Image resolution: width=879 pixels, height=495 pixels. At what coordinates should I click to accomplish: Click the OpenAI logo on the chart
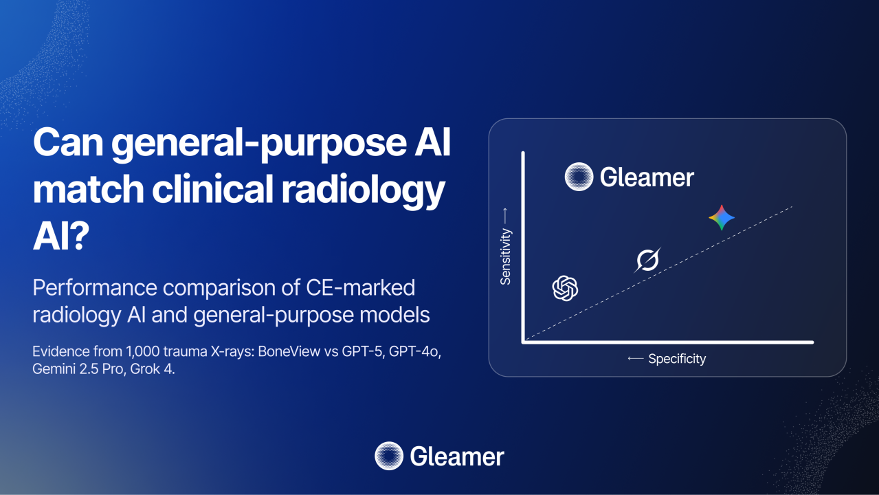(565, 288)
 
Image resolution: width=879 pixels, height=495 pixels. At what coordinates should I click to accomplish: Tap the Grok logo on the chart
(647, 260)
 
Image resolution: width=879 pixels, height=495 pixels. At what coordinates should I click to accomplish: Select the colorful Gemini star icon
(722, 217)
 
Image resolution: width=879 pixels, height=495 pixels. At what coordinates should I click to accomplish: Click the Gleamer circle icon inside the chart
(579, 177)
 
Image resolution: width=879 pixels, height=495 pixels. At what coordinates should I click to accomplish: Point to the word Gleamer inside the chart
(647, 177)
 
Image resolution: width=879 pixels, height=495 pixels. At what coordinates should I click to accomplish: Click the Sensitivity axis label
(505, 256)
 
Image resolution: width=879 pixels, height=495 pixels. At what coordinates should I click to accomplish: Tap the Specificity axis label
(677, 359)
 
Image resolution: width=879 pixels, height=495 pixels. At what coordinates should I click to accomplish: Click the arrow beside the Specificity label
(636, 358)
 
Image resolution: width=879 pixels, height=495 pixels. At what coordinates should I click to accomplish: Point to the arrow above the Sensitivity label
(505, 217)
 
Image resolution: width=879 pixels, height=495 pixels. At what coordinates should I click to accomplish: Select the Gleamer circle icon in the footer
(389, 456)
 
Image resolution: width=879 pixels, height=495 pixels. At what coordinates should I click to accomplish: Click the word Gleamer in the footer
(457, 456)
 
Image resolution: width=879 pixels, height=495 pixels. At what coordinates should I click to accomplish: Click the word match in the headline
(88, 189)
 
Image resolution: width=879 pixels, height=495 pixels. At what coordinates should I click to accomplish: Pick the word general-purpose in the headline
(259, 144)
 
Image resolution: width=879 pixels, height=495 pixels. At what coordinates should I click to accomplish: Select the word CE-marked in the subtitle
(360, 287)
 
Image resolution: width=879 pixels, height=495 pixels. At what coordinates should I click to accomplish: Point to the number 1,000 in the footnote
(142, 351)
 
